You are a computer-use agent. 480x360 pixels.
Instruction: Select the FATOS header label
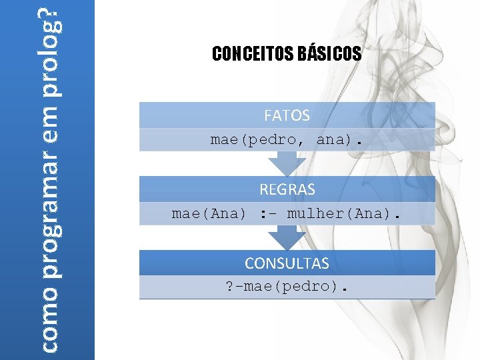pos(287,115)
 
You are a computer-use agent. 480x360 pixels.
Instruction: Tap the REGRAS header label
pos(287,189)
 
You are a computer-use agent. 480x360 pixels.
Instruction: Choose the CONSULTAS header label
pos(287,263)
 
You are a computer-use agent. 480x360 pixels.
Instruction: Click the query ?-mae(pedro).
pos(287,288)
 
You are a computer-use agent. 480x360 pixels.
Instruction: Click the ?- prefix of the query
pos(234,288)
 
